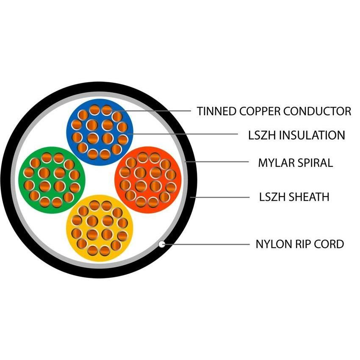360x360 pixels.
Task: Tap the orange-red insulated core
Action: pyautogui.click(x=148, y=178)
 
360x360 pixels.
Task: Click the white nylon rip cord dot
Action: pyautogui.click(x=161, y=244)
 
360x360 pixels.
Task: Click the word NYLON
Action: pyautogui.click(x=272, y=244)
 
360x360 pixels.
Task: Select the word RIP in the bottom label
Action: pyautogui.click(x=302, y=244)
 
